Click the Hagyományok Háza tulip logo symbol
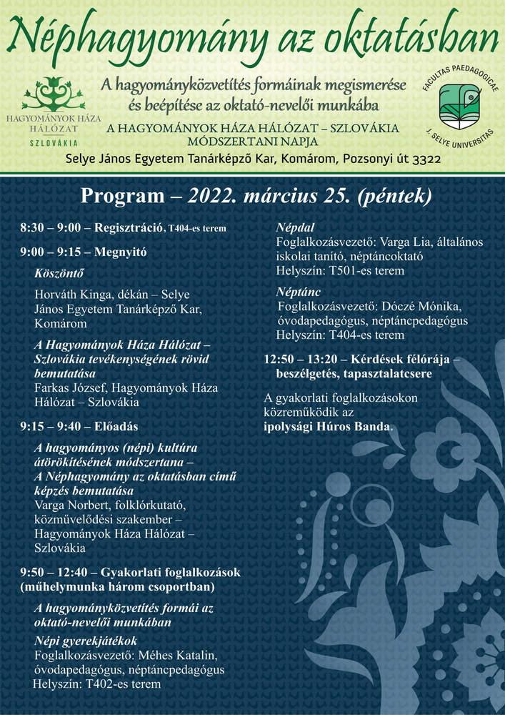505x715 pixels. point(54,93)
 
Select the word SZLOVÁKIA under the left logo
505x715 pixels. point(54,143)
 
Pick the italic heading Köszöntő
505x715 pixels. point(59,272)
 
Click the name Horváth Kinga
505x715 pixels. point(74,295)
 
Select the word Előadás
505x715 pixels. point(116,427)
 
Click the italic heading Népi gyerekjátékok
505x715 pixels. point(86,641)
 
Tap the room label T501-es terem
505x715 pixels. point(367,271)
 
